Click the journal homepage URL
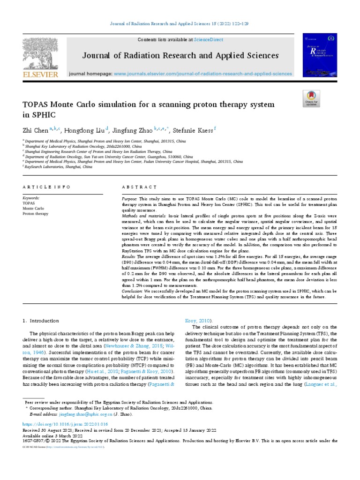(x=202, y=74)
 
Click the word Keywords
(x=31, y=199)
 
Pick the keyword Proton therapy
(x=35, y=213)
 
